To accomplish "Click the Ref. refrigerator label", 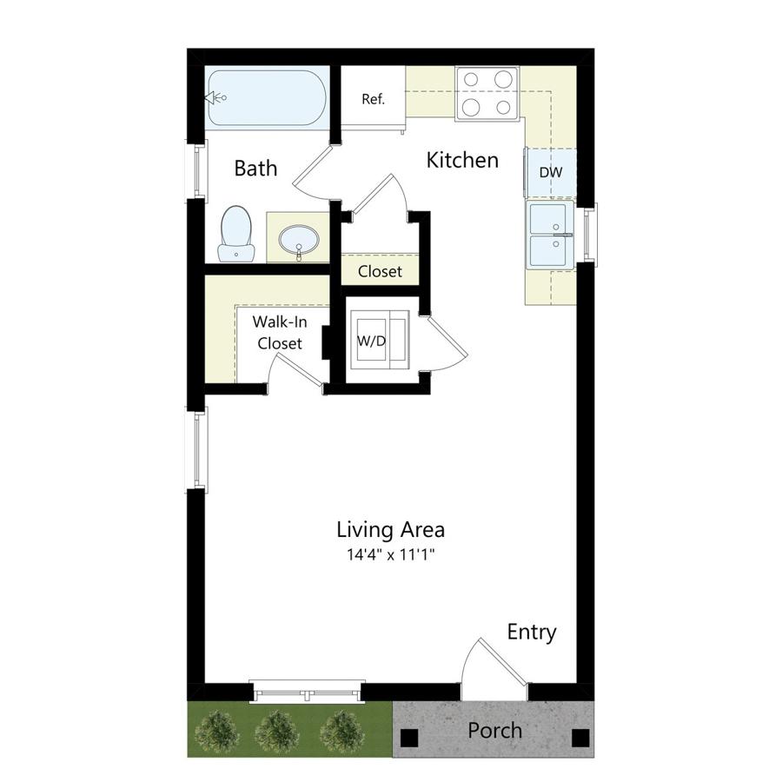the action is pos(373,99).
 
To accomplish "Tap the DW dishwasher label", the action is pos(551,172).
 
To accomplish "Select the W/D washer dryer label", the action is pos(372,341).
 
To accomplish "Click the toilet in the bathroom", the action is pos(235,234).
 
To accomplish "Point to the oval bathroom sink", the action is pos(298,241).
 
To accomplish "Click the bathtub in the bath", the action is pos(268,97).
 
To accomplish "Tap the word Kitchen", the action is pos(462,160).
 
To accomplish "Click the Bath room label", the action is pos(255,168).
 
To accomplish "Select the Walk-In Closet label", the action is pos(279,333).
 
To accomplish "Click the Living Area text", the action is pos(390,530).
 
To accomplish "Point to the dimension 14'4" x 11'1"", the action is pos(392,554).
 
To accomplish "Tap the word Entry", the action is pos(532,633).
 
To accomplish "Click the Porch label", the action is pos(494,731).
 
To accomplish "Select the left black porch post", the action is pos(409,738).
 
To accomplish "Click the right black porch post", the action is pos(580,738).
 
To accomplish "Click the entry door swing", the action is pos(494,668).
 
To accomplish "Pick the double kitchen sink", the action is pos(549,235).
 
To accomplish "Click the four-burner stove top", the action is pos(487,93).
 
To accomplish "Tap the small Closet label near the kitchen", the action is pos(380,272).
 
